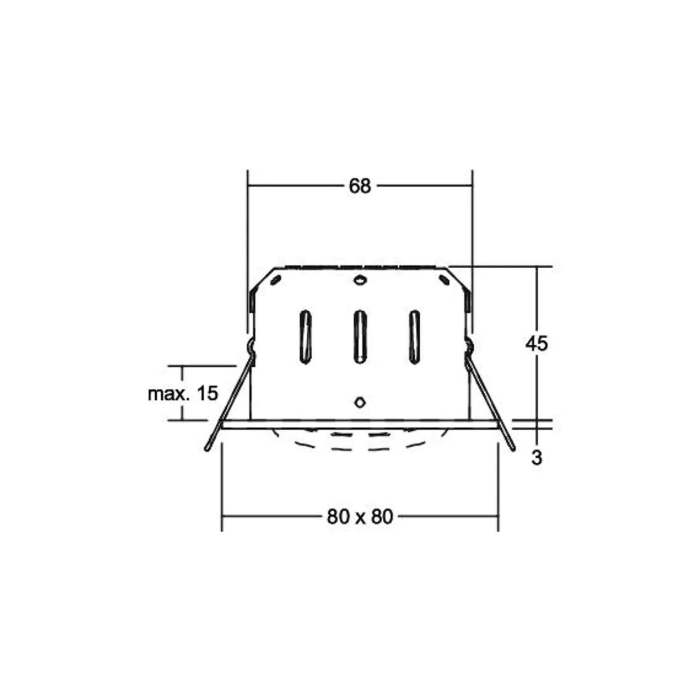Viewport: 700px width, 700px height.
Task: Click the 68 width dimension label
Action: tap(360, 186)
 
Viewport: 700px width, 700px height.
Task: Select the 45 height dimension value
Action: tap(537, 343)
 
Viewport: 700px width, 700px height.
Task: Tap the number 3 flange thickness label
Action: tap(537, 458)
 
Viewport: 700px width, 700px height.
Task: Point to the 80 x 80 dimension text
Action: tap(360, 517)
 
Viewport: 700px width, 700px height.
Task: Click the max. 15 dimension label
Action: tap(183, 393)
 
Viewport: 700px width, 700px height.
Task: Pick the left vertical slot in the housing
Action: tap(305, 337)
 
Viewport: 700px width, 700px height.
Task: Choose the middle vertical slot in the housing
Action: tap(359, 337)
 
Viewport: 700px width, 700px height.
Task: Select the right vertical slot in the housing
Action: tap(414, 337)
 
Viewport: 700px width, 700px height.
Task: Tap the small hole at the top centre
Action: tap(360, 281)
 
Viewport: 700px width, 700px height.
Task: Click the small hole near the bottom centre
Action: tap(360, 402)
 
